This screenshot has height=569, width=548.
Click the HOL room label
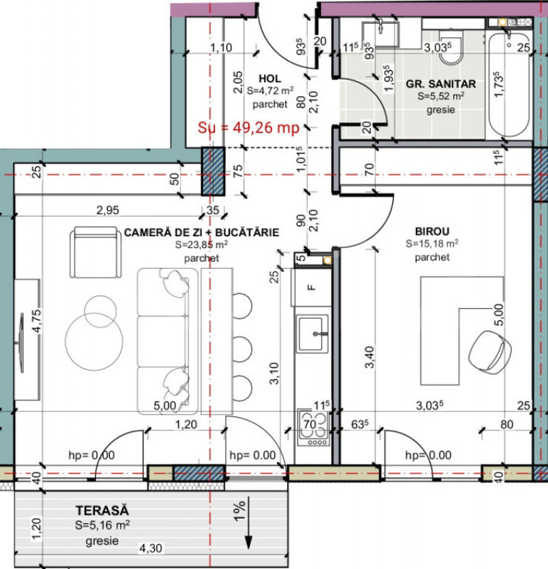[x=269, y=79]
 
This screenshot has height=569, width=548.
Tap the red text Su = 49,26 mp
[x=248, y=127]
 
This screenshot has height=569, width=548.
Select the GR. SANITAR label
[x=440, y=84]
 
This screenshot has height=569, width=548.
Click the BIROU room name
[x=432, y=231]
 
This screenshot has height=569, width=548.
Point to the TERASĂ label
[x=102, y=510]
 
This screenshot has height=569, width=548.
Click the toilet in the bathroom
[x=451, y=47]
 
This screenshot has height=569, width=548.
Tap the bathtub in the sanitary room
[x=509, y=84]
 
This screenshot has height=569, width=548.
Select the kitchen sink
[x=312, y=333]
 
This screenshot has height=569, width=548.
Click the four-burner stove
[x=314, y=427]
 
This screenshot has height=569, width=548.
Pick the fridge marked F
[x=311, y=287]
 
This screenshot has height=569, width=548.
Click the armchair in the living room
[x=96, y=253]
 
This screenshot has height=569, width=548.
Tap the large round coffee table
[x=94, y=342]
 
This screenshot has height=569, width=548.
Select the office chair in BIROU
[x=489, y=351]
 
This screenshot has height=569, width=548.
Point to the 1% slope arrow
[x=248, y=522]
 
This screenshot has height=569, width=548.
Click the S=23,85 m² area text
[x=202, y=244]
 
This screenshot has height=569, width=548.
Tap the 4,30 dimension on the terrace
[x=151, y=548]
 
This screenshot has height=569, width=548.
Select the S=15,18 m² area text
[x=432, y=244]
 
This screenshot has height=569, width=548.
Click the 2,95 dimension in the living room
[x=108, y=210]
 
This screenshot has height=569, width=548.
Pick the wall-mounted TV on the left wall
[x=21, y=343]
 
